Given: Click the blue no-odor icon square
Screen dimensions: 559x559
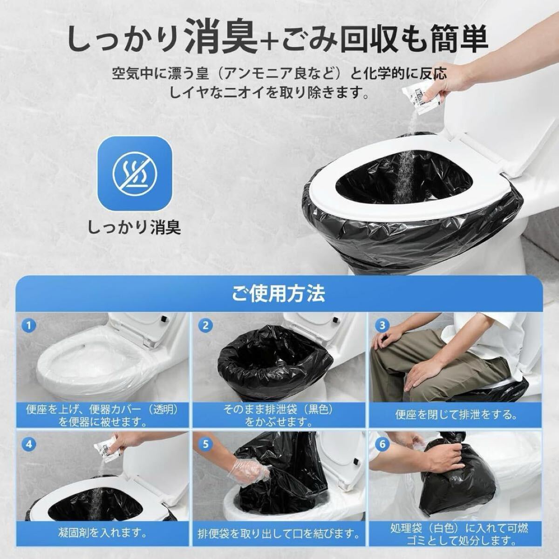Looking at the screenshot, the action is pos(135,173).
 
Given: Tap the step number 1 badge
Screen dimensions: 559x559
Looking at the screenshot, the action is pos(29,326).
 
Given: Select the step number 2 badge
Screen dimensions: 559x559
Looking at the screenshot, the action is pos(205,326).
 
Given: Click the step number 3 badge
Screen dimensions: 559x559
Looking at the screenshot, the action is pos(382,326).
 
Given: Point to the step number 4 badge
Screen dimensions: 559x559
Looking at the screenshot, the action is pos(29,444).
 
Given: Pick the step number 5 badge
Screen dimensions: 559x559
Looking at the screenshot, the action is pos(205,444).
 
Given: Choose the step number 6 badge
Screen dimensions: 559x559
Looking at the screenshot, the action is pos(382,444).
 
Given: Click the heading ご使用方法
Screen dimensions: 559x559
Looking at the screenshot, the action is pos(279,293).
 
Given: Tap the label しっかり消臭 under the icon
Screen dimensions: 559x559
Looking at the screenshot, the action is pos(134,227).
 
